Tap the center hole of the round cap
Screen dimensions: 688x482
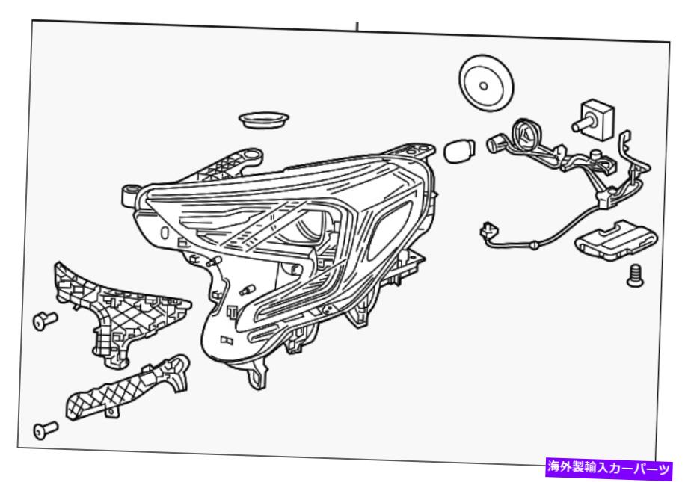click(x=484, y=86)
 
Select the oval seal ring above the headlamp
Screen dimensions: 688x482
click(x=264, y=120)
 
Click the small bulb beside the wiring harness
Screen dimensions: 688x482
click(x=459, y=150)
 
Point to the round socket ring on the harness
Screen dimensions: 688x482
click(x=528, y=135)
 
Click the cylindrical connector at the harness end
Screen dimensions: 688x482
click(x=496, y=143)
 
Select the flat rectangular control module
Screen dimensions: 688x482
click(x=616, y=240)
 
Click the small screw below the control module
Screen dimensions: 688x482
click(x=635, y=276)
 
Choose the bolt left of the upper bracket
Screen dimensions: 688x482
click(x=45, y=320)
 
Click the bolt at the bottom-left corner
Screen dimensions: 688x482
click(x=45, y=430)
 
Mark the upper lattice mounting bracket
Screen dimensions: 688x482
click(x=118, y=312)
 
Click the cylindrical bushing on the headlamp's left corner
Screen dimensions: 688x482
click(x=130, y=196)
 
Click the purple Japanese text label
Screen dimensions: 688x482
click(x=609, y=468)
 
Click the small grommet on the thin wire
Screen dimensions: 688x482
click(x=535, y=244)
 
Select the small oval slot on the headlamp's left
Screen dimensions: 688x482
click(x=165, y=232)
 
